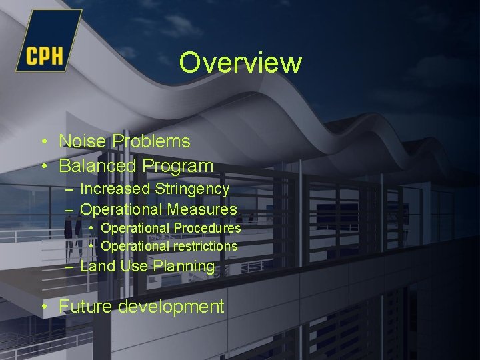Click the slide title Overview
240,63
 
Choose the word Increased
115,189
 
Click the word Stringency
192,189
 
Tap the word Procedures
207,229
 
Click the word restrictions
205,247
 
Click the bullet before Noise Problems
43,142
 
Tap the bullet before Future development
43,307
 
